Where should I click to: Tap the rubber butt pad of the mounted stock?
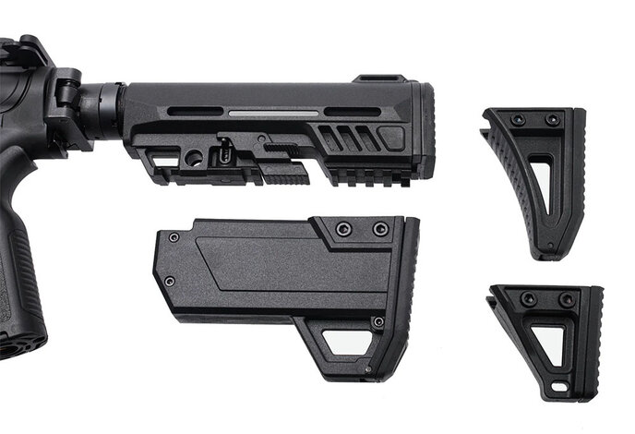pyautogui.click(x=425, y=129)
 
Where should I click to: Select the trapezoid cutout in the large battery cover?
pyautogui.click(x=345, y=343)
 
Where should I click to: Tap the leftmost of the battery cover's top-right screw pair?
pyautogui.click(x=343, y=228)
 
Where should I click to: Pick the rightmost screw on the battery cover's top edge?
pyautogui.click(x=379, y=228)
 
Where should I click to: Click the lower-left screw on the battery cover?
pyautogui.click(x=169, y=281)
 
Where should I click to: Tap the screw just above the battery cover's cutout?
pyautogui.click(x=377, y=321)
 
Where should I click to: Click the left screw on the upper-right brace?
pyautogui.click(x=518, y=120)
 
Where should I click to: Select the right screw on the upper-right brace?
pyautogui.click(x=552, y=120)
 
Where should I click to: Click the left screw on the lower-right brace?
pyautogui.click(x=528, y=299)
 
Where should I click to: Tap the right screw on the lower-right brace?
pyautogui.click(x=565, y=299)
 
